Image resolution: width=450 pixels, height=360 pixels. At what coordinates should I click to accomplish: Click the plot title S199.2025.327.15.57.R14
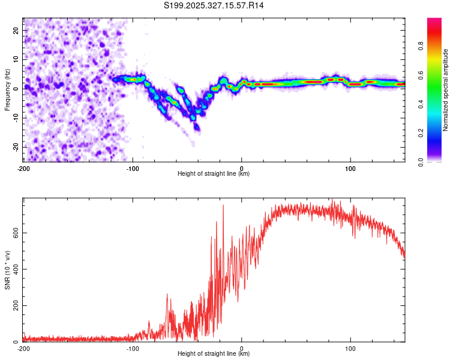click(x=214, y=5)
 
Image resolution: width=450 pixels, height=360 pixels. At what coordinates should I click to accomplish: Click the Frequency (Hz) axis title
click(x=7, y=90)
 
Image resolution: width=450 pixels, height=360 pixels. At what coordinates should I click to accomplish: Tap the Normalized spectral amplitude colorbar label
click(x=446, y=90)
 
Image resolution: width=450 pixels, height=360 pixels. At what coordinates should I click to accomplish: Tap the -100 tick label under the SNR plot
click(x=133, y=348)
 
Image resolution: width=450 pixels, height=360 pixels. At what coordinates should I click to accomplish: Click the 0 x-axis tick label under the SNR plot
click(x=242, y=348)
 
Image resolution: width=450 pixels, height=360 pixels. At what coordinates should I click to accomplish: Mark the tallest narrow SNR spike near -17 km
click(x=223, y=206)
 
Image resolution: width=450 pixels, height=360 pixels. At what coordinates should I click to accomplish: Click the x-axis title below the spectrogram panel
click(x=214, y=173)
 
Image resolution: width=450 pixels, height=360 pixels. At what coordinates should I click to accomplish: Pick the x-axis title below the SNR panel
click(x=214, y=354)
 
